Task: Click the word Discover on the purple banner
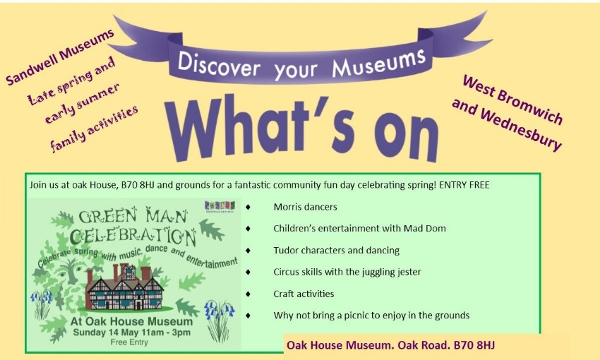tap(219, 65)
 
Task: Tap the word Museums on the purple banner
tap(379, 62)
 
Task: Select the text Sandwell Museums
tap(60, 56)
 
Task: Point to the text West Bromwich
tap(512, 100)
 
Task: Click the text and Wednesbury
tap(507, 124)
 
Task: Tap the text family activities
tap(94, 128)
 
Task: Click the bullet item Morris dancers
tap(306, 207)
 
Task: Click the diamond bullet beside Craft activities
tap(248, 294)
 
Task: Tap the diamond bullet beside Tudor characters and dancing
tap(248, 250)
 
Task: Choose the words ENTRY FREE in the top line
tap(464, 185)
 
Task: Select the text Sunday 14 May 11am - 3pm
tap(131, 332)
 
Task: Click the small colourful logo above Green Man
tap(220, 206)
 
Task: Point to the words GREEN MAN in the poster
tap(133, 216)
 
